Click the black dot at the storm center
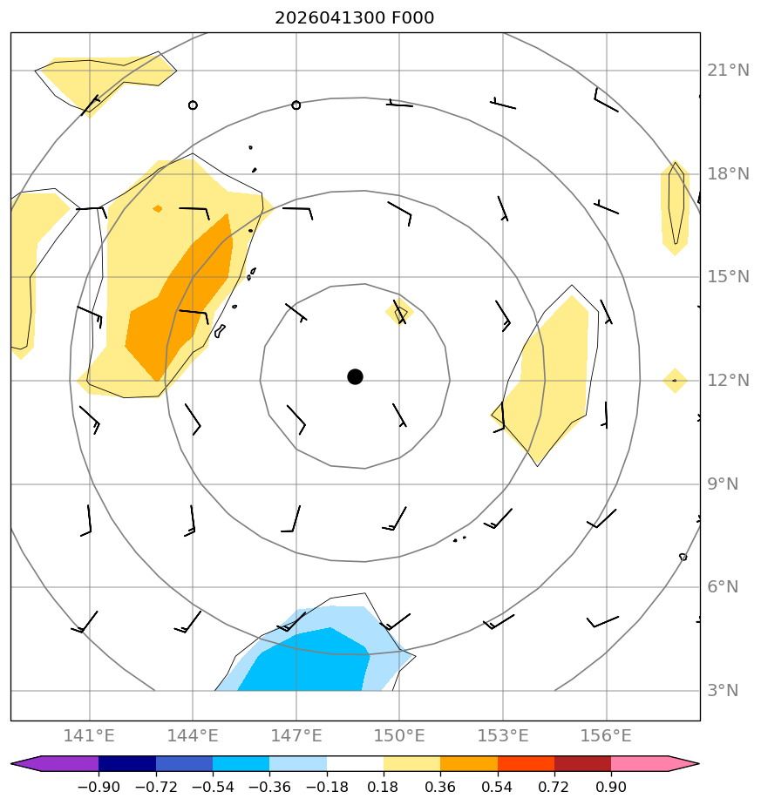point(355,377)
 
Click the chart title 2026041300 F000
point(355,18)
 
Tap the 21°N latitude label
point(728,71)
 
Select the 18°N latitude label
point(728,174)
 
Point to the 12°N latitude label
point(728,381)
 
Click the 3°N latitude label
point(723,691)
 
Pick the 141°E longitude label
point(89,735)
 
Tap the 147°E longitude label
point(296,735)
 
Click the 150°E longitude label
point(399,735)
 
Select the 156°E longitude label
point(606,735)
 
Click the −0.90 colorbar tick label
point(99,787)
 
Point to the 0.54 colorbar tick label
point(498,787)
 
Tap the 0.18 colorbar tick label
point(384,787)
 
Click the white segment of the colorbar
point(355,763)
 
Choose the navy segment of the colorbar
point(127,763)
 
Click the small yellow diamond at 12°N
point(675,381)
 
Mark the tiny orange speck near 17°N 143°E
point(158,208)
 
